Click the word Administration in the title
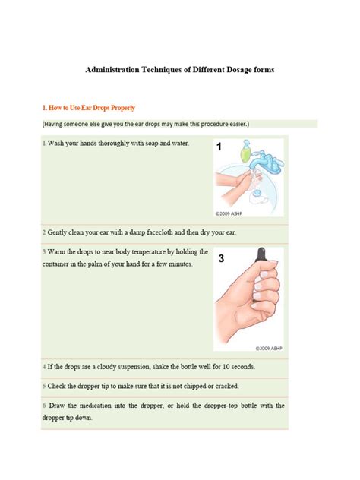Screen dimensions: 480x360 point(115,69)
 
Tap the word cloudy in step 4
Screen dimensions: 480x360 point(98,366)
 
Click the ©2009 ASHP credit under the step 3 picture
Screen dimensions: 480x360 point(267,352)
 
